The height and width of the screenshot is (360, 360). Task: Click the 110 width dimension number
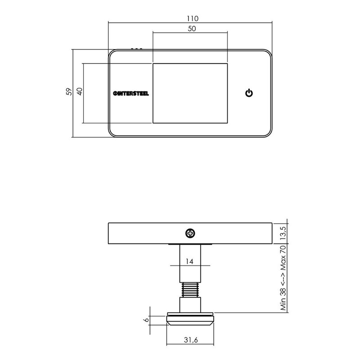pyautogui.click(x=193, y=18)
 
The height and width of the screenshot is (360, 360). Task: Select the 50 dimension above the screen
pyautogui.click(x=192, y=29)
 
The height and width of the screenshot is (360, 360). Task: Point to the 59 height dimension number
pyautogui.click(x=69, y=92)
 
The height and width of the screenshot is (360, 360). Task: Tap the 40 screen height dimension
pyautogui.click(x=80, y=91)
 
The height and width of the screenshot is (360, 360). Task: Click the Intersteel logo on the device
pyautogui.click(x=131, y=94)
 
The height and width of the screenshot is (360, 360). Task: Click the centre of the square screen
pyautogui.click(x=190, y=93)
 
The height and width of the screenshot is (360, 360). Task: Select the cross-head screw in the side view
pyautogui.click(x=190, y=234)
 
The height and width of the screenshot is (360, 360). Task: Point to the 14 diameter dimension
pyautogui.click(x=189, y=261)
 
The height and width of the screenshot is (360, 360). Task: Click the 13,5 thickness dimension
pyautogui.click(x=283, y=233)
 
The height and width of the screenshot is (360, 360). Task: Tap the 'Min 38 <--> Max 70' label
pyautogui.click(x=283, y=278)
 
